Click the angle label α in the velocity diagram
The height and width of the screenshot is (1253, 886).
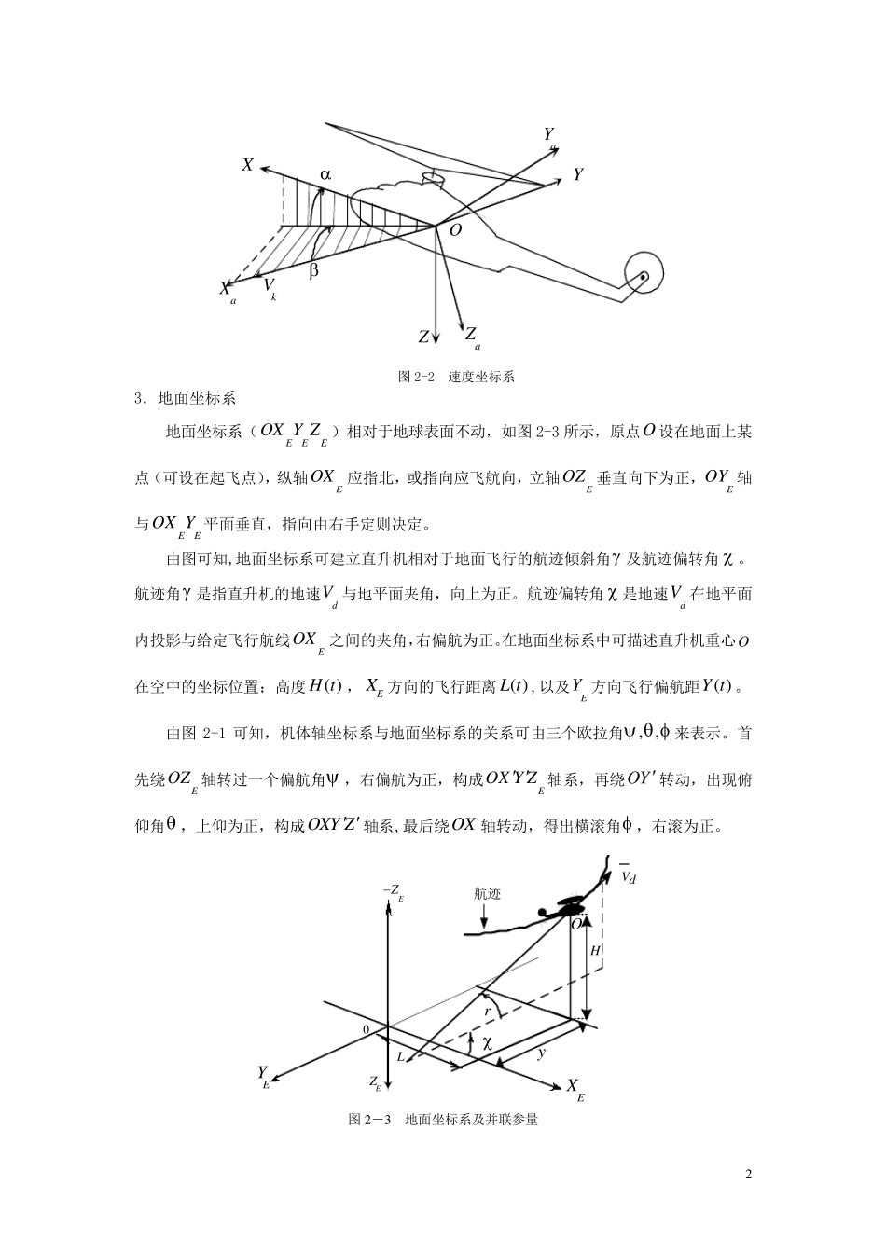pos(325,174)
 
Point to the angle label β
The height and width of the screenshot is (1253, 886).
pos(313,270)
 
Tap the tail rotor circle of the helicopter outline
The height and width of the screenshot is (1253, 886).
pos(643,275)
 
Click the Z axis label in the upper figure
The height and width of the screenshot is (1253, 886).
pos(423,337)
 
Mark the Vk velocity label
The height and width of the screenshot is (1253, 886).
pos(269,285)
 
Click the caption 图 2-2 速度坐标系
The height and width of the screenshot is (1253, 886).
pos(456,377)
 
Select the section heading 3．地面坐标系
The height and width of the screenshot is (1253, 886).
pos(186,400)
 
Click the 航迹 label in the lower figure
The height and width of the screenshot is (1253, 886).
pos(487,893)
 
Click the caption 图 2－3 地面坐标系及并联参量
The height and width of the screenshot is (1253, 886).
pos(442,1120)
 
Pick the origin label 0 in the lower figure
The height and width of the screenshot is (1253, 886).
pos(367,1028)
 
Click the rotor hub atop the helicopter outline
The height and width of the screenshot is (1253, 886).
pos(430,175)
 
